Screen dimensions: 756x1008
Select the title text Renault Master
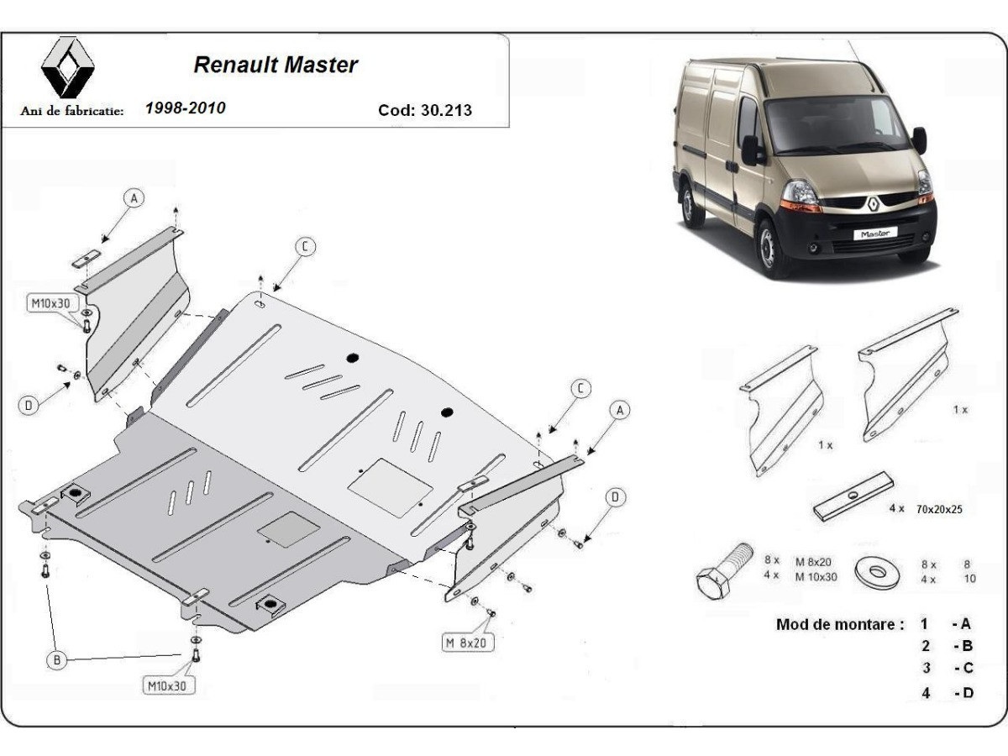pyautogui.click(x=276, y=65)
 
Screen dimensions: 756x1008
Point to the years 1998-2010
pyautogui.click(x=186, y=108)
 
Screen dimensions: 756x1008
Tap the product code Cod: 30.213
pyautogui.click(x=425, y=110)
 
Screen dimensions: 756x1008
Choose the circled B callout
pyautogui.click(x=56, y=661)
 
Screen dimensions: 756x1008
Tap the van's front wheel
pyautogui.click(x=770, y=246)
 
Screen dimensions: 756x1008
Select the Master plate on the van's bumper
pyautogui.click(x=875, y=234)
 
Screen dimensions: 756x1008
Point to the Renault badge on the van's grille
pyautogui.click(x=873, y=203)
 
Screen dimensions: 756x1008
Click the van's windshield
pyautogui.click(x=834, y=124)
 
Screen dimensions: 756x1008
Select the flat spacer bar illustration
pyautogui.click(x=852, y=496)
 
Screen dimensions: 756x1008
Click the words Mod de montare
pyautogui.click(x=840, y=624)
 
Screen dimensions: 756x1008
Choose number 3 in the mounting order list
pyautogui.click(x=926, y=669)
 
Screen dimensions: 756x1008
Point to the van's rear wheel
pyautogui.click(x=691, y=204)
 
